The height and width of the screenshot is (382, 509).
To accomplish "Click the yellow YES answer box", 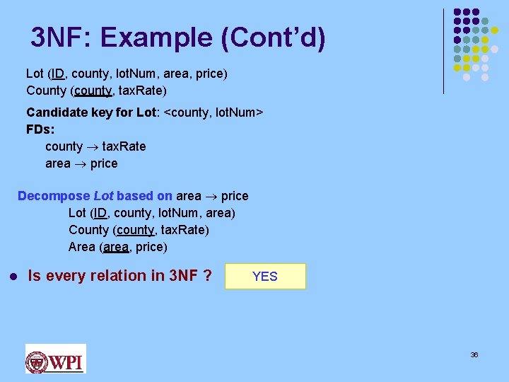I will coord(265,277).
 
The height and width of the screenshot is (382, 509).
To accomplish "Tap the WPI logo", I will coord(55,359).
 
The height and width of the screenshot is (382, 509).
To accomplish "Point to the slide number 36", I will coord(474,354).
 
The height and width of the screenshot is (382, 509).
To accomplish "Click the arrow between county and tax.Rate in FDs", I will coord(93,146).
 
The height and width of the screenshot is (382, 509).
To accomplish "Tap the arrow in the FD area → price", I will coord(80,163).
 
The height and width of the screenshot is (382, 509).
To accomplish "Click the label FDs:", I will coord(40,129).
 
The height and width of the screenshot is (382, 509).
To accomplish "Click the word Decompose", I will coord(54,195).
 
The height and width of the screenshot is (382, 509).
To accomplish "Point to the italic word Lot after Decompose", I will coord(103,195).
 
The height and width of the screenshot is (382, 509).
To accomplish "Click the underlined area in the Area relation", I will coord(116,247).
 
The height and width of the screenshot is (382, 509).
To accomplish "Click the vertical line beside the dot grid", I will coord(443,51).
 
